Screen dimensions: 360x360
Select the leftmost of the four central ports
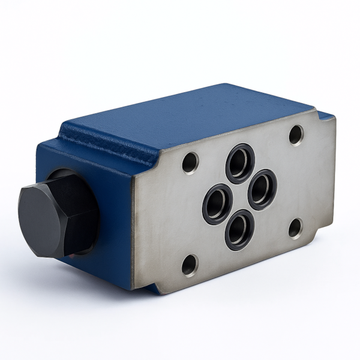tap(217, 205)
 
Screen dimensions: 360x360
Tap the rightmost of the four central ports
tap(262, 190)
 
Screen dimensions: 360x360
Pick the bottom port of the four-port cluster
tap(239, 230)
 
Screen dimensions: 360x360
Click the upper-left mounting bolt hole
tap(190, 162)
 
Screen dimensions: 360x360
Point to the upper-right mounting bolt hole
tap(296, 134)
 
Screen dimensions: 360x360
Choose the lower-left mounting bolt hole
tap(190, 265)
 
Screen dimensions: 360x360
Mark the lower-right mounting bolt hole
tap(295, 228)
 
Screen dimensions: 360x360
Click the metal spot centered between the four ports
tap(240, 197)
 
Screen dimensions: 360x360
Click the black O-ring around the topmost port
tap(240, 149)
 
